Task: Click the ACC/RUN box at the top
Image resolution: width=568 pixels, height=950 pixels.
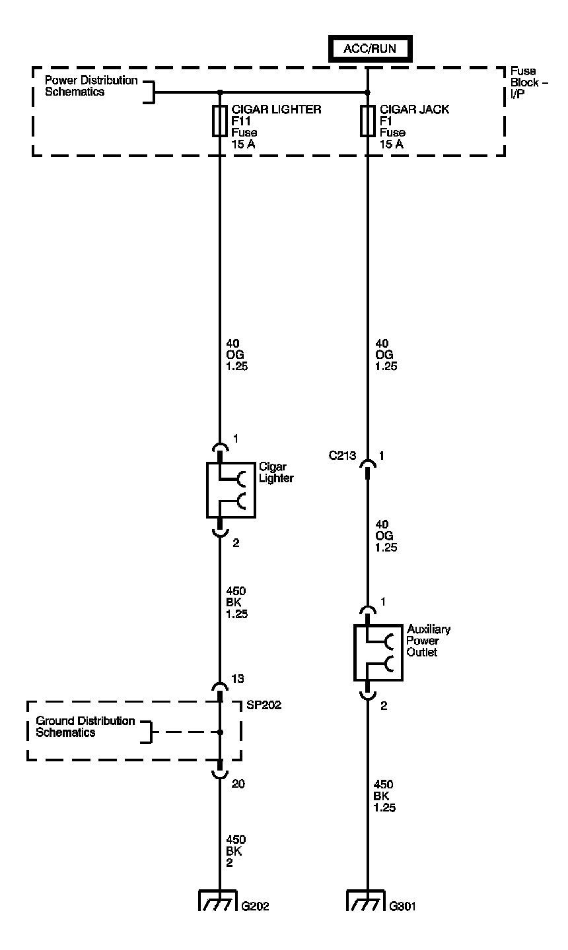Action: pyautogui.click(x=369, y=48)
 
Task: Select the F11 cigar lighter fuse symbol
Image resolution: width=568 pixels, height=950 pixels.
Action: pyautogui.click(x=220, y=121)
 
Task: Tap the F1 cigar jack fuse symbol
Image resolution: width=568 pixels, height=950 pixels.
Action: pyautogui.click(x=368, y=121)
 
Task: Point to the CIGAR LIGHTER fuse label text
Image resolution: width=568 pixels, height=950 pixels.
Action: pyautogui.click(x=277, y=110)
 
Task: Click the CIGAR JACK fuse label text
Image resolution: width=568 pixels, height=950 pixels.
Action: pyautogui.click(x=414, y=110)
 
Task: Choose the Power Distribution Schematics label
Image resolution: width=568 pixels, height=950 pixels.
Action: pyautogui.click(x=91, y=86)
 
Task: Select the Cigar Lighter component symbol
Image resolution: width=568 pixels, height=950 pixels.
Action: pyautogui.click(x=231, y=490)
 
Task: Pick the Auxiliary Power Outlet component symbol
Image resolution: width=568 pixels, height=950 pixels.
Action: pyautogui.click(x=378, y=652)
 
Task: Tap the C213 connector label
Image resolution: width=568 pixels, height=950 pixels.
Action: pyautogui.click(x=343, y=456)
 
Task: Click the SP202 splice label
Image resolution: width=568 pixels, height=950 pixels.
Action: pyautogui.click(x=264, y=705)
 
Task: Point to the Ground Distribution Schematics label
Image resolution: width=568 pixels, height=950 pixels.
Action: pyautogui.click(x=85, y=726)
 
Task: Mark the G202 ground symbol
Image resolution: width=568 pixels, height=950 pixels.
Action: pyautogui.click(x=218, y=901)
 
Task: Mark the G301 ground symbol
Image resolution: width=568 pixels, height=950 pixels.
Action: pyautogui.click(x=366, y=901)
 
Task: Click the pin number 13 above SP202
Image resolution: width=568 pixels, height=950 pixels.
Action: pyautogui.click(x=238, y=679)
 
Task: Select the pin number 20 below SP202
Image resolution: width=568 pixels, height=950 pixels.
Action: pyautogui.click(x=239, y=784)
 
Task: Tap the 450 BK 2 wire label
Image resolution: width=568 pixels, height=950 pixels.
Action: pyautogui.click(x=235, y=851)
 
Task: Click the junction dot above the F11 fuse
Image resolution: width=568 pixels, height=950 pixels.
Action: pyautogui.click(x=220, y=92)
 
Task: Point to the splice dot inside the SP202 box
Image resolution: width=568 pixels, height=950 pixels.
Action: pyautogui.click(x=220, y=732)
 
